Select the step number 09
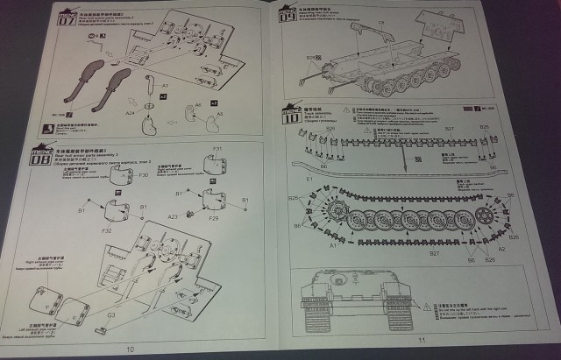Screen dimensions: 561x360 [x=286, y=15]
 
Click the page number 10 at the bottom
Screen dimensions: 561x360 [x=131, y=349]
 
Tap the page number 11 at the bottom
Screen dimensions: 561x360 [x=422, y=339]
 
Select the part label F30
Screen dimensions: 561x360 [x=142, y=176]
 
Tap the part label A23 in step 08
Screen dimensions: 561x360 [x=173, y=215]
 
